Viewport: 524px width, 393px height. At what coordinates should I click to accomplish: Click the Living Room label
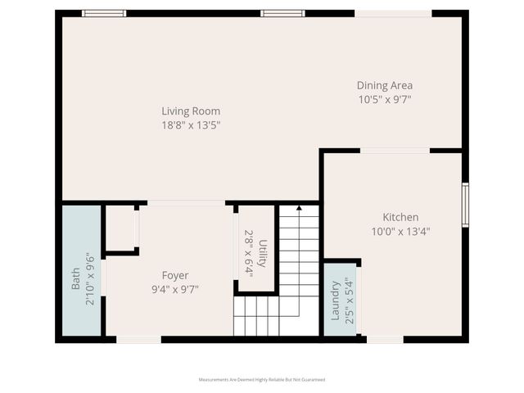click(x=190, y=111)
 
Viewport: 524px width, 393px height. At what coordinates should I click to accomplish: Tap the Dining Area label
click(x=384, y=85)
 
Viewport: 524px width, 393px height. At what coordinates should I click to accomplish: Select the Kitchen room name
click(x=400, y=217)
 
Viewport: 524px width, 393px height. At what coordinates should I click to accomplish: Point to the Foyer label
click(x=174, y=275)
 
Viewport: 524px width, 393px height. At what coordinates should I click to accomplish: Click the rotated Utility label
click(x=262, y=254)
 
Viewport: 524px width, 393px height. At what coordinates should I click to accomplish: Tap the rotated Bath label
click(x=75, y=278)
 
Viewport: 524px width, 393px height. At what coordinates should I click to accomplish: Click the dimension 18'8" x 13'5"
click(x=190, y=125)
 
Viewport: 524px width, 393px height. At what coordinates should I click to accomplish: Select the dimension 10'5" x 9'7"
click(x=384, y=99)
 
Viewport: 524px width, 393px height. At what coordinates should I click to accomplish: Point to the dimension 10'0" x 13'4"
click(x=400, y=231)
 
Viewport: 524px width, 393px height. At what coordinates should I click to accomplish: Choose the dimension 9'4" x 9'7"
click(x=174, y=289)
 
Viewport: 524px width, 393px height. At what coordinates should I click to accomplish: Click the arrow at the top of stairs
click(x=299, y=209)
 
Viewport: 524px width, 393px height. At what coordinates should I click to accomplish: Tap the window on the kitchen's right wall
click(x=464, y=205)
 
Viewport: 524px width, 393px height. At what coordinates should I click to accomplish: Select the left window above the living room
click(x=104, y=13)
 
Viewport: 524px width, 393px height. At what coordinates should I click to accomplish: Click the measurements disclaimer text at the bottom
click(x=262, y=380)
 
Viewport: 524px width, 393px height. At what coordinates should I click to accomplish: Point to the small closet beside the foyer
click(x=120, y=228)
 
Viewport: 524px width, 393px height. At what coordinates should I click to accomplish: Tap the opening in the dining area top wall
click(x=393, y=13)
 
